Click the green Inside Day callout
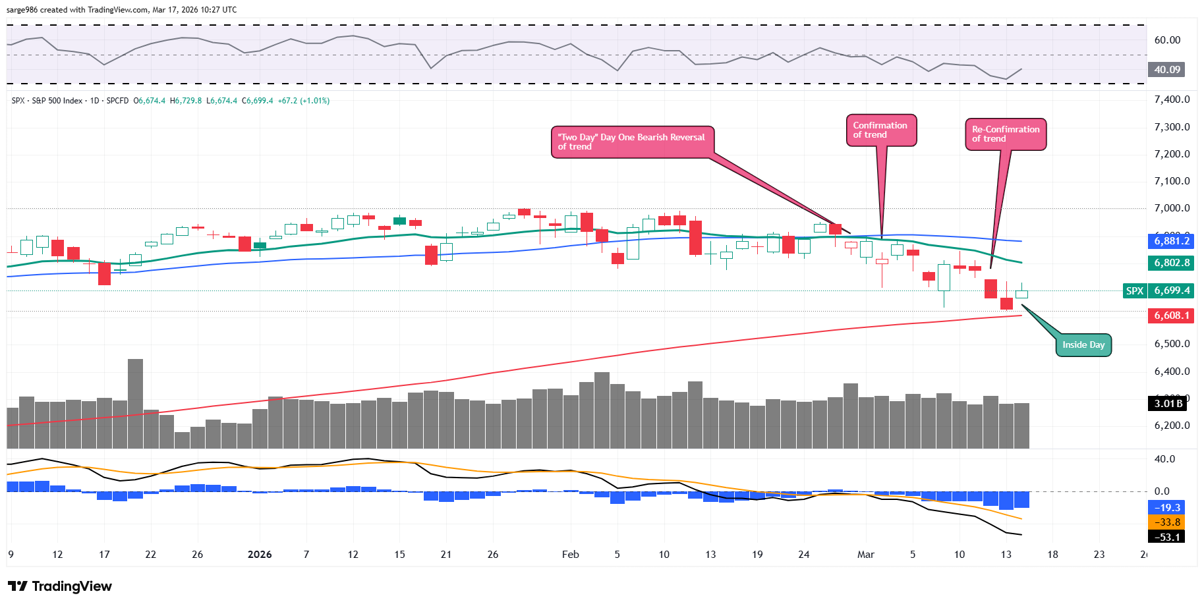(x=1083, y=345)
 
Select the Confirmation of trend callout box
(x=880, y=130)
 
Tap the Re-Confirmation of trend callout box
(x=1006, y=134)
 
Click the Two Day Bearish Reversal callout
(x=631, y=142)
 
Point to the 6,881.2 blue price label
(x=1172, y=241)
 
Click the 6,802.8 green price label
(x=1172, y=263)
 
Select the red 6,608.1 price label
(x=1172, y=316)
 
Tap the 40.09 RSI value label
(x=1167, y=70)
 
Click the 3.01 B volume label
(x=1168, y=403)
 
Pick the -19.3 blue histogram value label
(x=1167, y=508)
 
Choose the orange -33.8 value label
(x=1167, y=522)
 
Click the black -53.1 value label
(x=1167, y=537)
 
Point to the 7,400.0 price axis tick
(x=1172, y=99)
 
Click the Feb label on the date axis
(x=570, y=555)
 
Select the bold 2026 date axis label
(x=260, y=555)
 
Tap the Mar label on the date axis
(x=865, y=555)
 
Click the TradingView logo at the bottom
(x=60, y=586)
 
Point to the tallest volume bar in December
(x=135, y=403)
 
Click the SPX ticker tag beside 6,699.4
(x=1134, y=290)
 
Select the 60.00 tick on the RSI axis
(x=1167, y=40)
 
